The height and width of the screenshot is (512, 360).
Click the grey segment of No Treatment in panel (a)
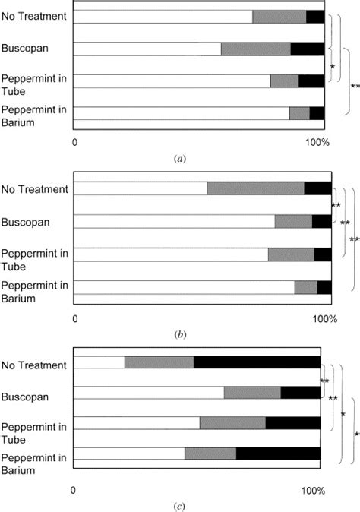[x=279, y=17]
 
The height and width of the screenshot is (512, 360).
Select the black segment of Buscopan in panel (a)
[x=307, y=49]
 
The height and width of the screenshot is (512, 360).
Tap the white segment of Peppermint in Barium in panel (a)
[x=182, y=113]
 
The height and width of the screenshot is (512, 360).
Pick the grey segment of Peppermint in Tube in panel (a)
[x=284, y=81]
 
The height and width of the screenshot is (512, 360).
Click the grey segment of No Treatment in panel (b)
[x=255, y=188]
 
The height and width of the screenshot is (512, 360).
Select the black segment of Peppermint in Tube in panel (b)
[x=323, y=254]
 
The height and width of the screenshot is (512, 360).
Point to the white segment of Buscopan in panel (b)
[x=174, y=221]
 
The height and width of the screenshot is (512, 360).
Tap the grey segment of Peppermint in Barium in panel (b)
[x=305, y=287]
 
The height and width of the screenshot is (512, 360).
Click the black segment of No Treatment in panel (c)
[x=257, y=362]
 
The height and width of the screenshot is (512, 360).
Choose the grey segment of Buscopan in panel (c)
[x=252, y=392]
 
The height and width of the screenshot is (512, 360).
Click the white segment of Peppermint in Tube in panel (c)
[x=136, y=423]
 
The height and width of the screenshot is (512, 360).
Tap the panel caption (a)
[x=179, y=159]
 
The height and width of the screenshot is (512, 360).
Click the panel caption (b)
[x=180, y=333]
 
